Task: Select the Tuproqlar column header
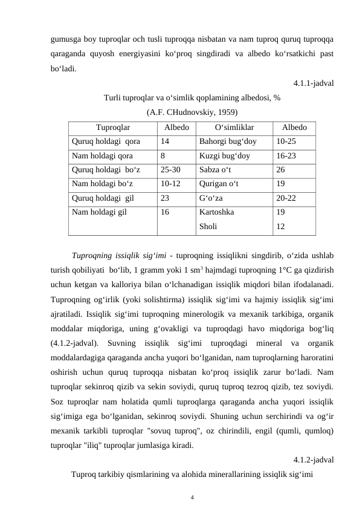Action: [112, 128]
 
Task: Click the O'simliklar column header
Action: [234, 128]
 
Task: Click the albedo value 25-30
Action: [170, 170]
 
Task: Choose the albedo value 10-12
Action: [170, 184]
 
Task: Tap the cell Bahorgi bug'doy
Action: [227, 141]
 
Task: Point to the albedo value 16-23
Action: [286, 156]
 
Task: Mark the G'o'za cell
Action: [211, 198]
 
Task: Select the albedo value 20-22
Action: [286, 198]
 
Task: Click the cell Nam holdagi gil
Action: [99, 212]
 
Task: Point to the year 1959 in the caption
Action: [225, 112]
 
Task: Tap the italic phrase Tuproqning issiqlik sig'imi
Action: [116, 254]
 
